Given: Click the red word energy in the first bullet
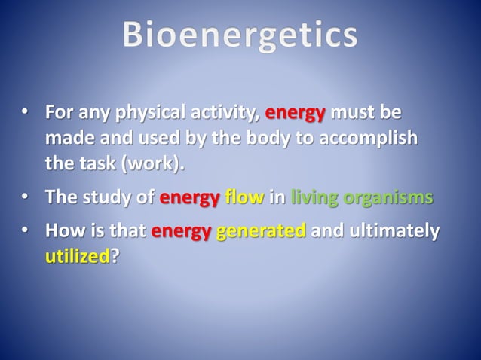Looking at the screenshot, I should (296, 114).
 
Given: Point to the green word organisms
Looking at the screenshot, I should (388, 198).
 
